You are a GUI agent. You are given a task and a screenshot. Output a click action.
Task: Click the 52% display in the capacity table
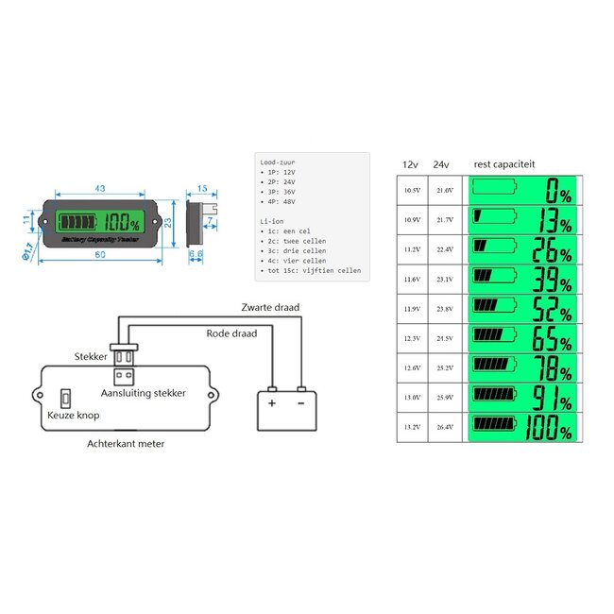tap(521, 309)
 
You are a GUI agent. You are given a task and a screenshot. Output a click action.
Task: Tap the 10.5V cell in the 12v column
tap(412, 190)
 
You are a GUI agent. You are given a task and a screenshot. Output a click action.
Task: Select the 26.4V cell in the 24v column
tap(445, 427)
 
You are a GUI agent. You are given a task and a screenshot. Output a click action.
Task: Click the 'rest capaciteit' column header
tap(504, 164)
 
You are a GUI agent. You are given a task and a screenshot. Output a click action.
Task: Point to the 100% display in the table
tap(521, 427)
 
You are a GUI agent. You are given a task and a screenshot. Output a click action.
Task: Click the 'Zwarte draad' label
tap(269, 308)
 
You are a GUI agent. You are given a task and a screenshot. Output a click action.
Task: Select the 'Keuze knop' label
tap(73, 414)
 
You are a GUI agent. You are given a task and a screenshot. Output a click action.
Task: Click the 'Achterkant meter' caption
tap(125, 443)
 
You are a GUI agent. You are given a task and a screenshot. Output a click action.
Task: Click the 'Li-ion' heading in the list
tap(271, 219)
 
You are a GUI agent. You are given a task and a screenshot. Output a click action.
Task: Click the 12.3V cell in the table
tap(412, 338)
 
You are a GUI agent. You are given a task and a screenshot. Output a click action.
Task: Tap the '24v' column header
tap(440, 164)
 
